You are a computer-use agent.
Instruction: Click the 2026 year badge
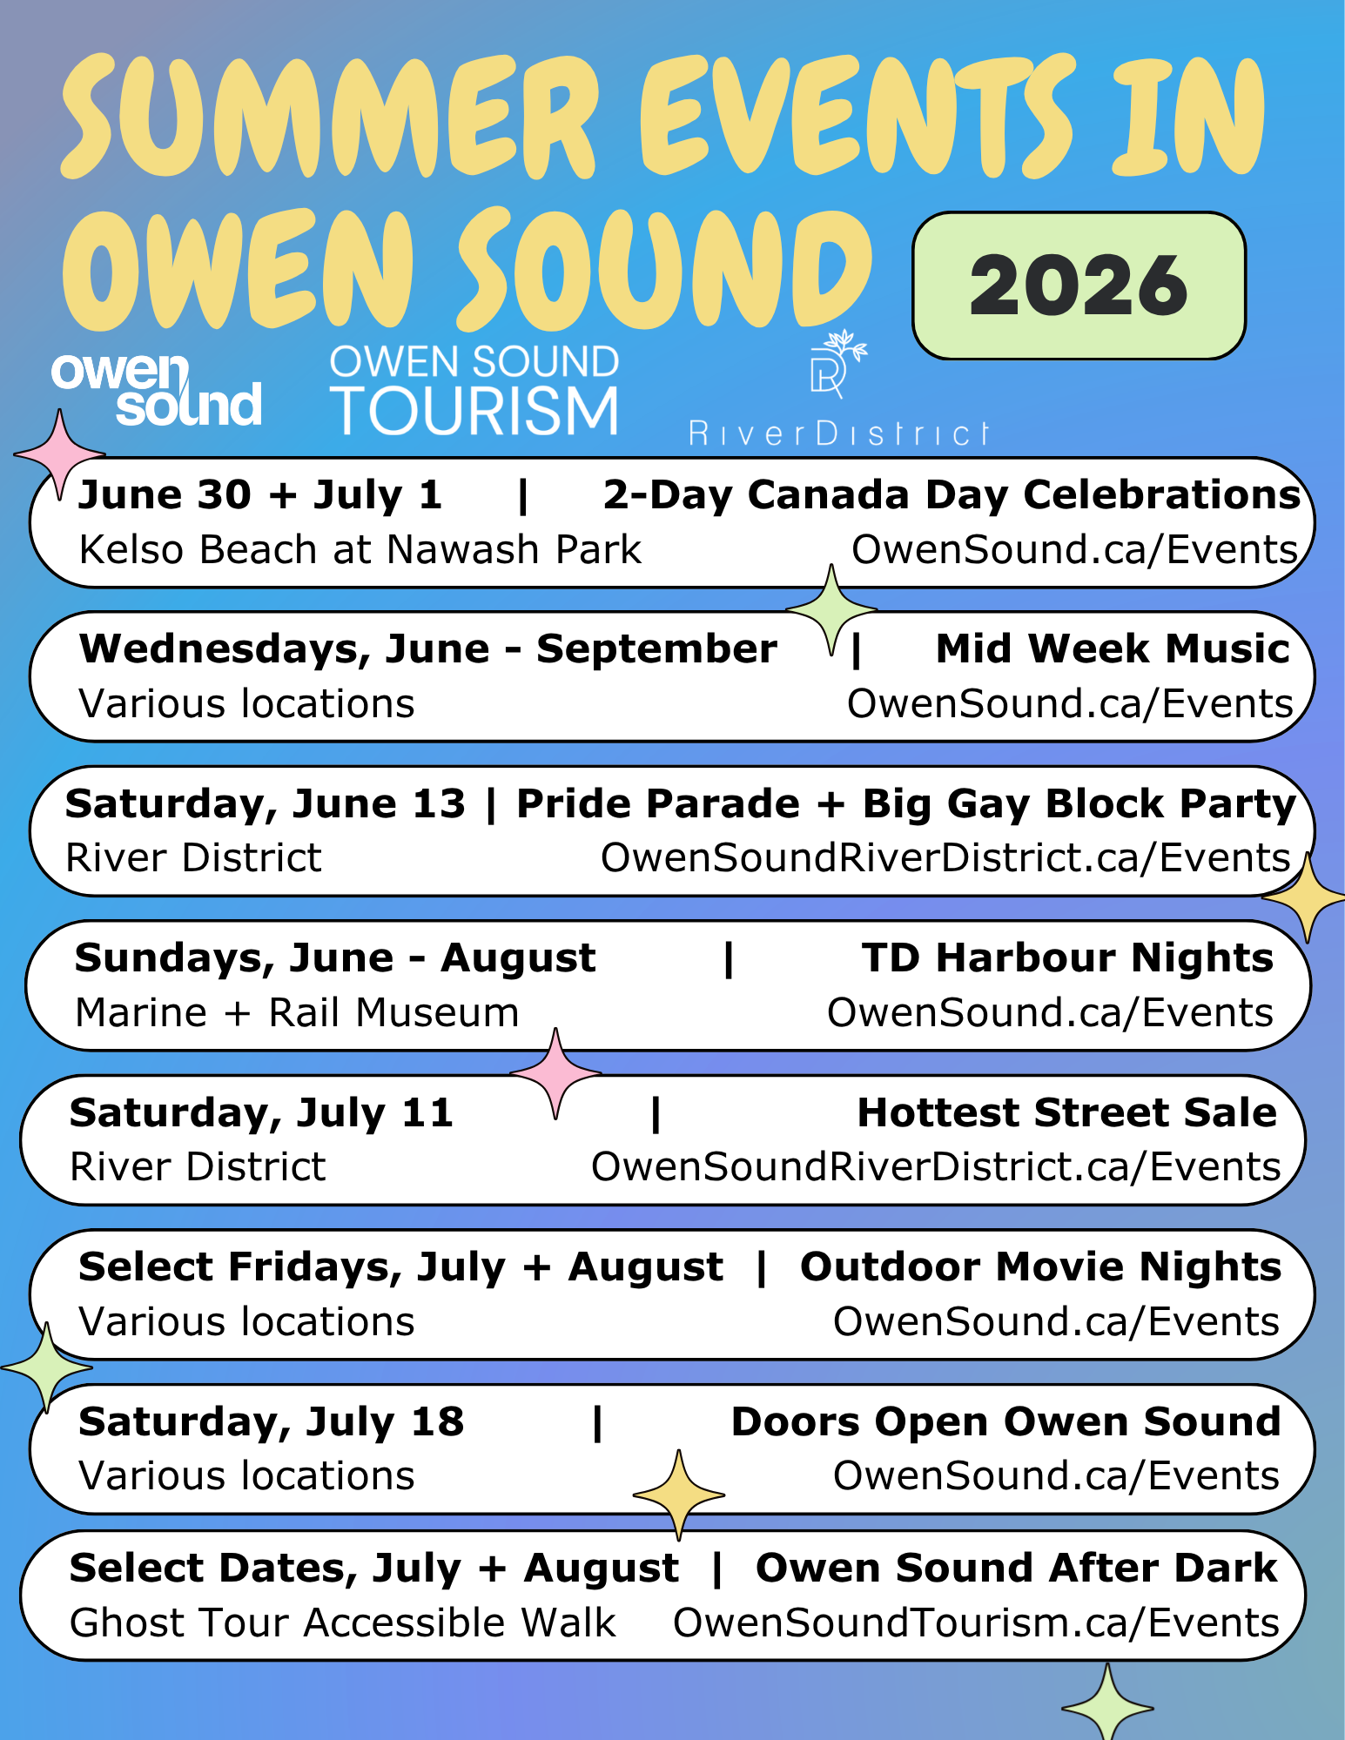[1079, 286]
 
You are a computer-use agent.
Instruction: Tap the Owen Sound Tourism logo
[474, 388]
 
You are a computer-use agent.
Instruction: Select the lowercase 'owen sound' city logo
[157, 389]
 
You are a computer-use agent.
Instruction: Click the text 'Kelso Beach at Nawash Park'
[360, 549]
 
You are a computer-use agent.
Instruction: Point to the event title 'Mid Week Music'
[1113, 648]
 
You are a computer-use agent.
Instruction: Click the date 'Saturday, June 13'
[266, 804]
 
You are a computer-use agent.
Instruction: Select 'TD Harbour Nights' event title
[1068, 957]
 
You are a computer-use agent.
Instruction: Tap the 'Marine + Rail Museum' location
[298, 1012]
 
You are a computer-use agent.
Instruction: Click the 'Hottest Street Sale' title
[1067, 1112]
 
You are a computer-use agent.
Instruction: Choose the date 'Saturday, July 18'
[272, 1422]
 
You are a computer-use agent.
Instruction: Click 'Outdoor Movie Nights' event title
[1041, 1266]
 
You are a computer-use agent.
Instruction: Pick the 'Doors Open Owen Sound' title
[1006, 1421]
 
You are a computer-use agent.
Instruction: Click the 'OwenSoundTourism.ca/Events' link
[977, 1623]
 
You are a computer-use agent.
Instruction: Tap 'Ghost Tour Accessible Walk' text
[343, 1623]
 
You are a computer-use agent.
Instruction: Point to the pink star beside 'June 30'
[59, 454]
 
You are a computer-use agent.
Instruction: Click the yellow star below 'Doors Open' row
[679, 1495]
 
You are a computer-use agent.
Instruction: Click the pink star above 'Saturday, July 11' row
[555, 1073]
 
